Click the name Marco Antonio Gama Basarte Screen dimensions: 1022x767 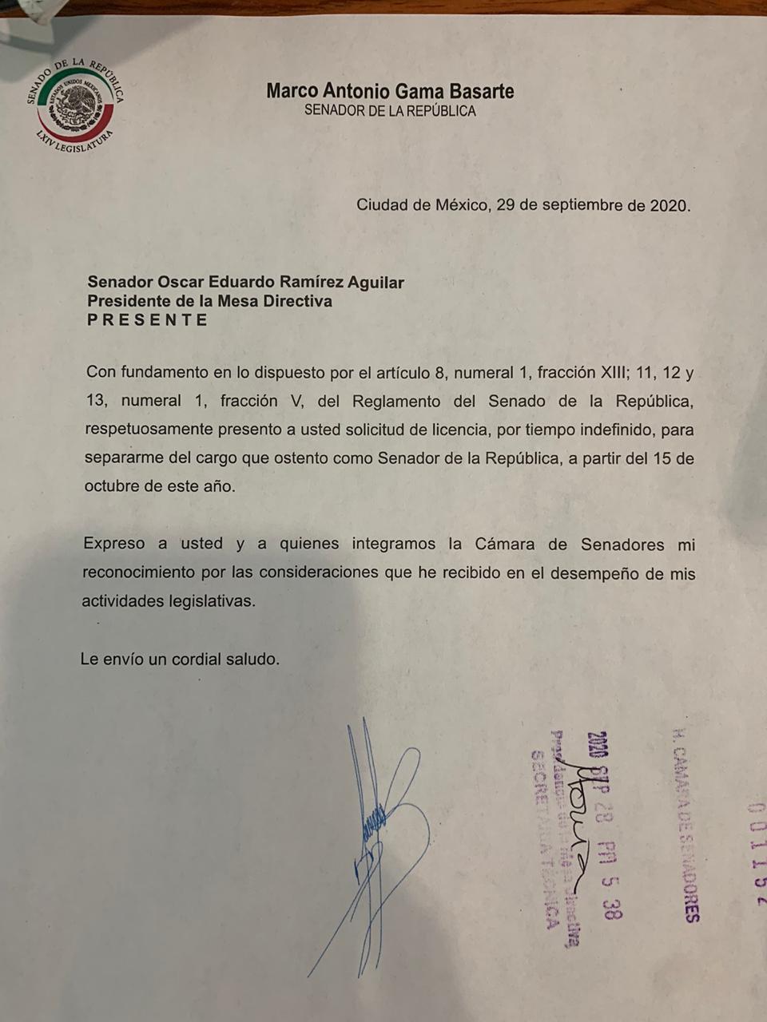390,91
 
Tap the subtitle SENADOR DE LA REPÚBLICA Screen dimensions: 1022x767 390,111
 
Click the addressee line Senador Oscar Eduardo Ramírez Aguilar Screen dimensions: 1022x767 245,282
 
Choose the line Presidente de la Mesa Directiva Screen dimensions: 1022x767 209,301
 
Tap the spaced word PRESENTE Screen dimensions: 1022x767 147,320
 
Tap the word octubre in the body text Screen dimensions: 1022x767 113,486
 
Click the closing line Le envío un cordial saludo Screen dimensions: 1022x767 180,660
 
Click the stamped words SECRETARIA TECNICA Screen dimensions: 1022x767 544,838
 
